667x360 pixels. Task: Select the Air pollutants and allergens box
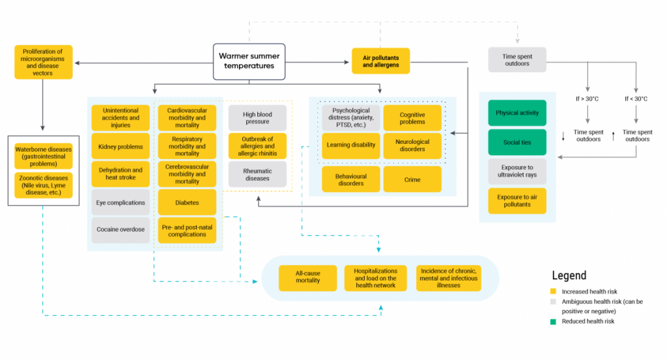pos(380,61)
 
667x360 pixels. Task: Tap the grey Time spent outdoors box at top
pos(517,60)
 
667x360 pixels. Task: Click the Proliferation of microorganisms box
pos(43,62)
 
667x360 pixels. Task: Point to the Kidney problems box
pos(121,146)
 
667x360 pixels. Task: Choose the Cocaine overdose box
pos(121,230)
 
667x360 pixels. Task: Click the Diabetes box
pos(187,202)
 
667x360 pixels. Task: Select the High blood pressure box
pos(257,118)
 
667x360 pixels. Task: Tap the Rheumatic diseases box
pos(257,174)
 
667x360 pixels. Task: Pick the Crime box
pos(412,180)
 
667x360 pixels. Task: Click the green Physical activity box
pos(517,113)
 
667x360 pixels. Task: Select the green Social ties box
pos(517,142)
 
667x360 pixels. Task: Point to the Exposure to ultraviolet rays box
pos(517,171)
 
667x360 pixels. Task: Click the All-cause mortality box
pos(307,276)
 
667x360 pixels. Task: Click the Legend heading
pos(569,275)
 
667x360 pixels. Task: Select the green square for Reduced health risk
pos(553,321)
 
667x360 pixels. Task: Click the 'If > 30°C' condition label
pos(588,99)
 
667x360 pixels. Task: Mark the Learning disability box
pos(351,145)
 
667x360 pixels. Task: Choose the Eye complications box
pos(121,202)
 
